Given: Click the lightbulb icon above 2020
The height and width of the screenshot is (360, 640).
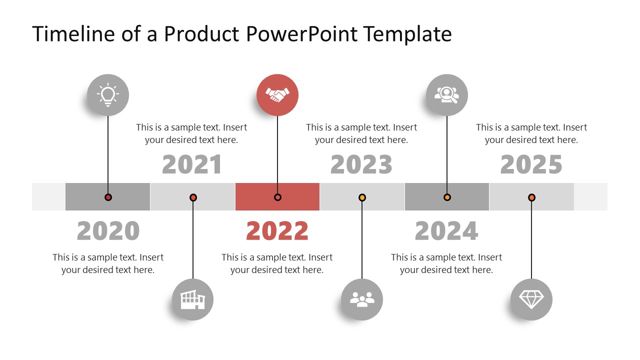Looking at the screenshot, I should [108, 95].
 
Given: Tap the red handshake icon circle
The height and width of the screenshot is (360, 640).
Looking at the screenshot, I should [277, 95].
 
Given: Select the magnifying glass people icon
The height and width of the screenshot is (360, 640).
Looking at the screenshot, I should [446, 95].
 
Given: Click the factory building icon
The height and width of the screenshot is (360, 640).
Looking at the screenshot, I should [192, 299].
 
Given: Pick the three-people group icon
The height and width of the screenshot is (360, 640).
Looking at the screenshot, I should [362, 299].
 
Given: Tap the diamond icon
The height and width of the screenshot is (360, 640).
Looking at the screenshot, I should [531, 299].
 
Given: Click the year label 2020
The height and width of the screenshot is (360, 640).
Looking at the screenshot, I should [108, 231].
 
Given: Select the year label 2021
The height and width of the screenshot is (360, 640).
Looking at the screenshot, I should [192, 165].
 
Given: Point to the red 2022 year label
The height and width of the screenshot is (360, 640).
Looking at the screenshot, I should [277, 231].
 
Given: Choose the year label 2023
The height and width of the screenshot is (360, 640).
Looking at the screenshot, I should [361, 165].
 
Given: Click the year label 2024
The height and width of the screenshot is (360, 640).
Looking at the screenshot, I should [446, 231].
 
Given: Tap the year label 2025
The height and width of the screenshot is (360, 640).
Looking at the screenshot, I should [531, 165].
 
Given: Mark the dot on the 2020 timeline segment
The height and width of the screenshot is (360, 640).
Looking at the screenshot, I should [108, 197].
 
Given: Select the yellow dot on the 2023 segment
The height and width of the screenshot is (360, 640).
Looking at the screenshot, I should [362, 197].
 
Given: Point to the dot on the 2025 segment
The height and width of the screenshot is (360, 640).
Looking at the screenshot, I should [531, 197].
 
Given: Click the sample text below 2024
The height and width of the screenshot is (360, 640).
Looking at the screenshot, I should [446, 263].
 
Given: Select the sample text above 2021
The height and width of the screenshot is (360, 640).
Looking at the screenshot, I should [191, 133].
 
